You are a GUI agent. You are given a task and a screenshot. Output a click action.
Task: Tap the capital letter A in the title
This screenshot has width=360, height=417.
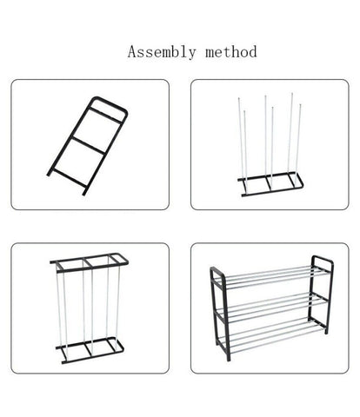point(133,51)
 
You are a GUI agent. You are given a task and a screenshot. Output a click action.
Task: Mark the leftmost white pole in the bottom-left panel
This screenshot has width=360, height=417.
point(58,308)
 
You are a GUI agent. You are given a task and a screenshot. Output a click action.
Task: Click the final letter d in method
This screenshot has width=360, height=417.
point(252,51)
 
